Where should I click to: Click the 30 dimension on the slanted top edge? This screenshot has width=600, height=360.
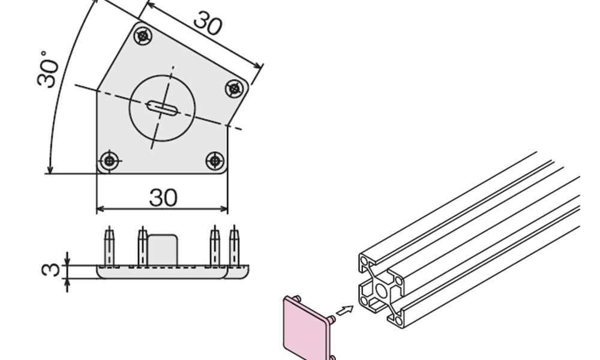208,23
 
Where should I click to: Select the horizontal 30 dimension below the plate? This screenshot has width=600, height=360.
163,197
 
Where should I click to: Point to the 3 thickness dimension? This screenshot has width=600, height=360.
51,270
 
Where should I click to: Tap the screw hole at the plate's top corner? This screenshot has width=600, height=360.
143,37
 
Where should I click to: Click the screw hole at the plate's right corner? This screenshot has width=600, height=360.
235,89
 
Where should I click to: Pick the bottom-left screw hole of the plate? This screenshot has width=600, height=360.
109,161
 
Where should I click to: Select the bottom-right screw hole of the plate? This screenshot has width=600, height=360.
215,161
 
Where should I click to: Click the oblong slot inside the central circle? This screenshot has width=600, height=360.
163,108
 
